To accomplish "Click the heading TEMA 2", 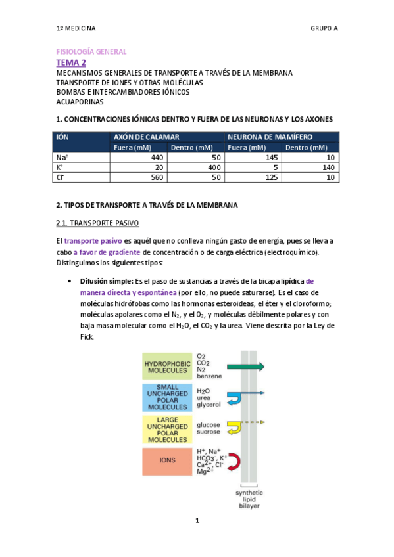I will tap(71, 62).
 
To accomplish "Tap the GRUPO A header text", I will tap(324, 28).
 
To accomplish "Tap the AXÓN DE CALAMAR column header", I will tap(141, 137).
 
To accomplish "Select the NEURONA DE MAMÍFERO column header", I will tap(270, 137).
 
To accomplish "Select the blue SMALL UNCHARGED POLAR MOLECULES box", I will tap(166, 397).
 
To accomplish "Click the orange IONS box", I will tap(166, 460).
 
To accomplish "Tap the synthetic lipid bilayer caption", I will tap(249, 499).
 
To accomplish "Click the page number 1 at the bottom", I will tap(197, 521).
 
